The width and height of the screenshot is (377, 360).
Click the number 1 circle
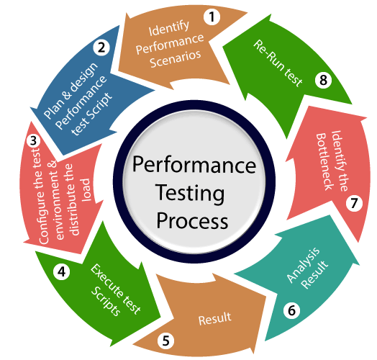(212, 17)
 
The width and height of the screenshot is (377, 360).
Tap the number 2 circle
(102, 48)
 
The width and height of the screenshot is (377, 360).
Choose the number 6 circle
(291, 311)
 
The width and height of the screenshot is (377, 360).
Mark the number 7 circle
(353, 204)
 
